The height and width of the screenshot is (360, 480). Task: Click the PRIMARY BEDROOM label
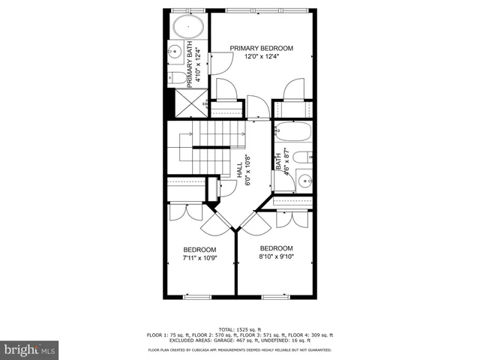[261, 48]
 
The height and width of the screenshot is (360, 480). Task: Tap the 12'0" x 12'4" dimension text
[261, 58]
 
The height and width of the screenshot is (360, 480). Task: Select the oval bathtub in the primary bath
[187, 28]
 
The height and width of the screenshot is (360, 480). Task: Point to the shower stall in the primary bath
[196, 100]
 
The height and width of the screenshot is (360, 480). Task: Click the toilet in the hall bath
[301, 157]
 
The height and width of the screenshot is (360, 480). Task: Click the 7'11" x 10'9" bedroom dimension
[199, 259]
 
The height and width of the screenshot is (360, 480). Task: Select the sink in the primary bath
[173, 52]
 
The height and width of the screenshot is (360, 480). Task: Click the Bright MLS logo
[29, 349]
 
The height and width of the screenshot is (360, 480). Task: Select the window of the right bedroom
[274, 297]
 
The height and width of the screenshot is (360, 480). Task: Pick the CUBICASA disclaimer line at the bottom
[239, 349]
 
